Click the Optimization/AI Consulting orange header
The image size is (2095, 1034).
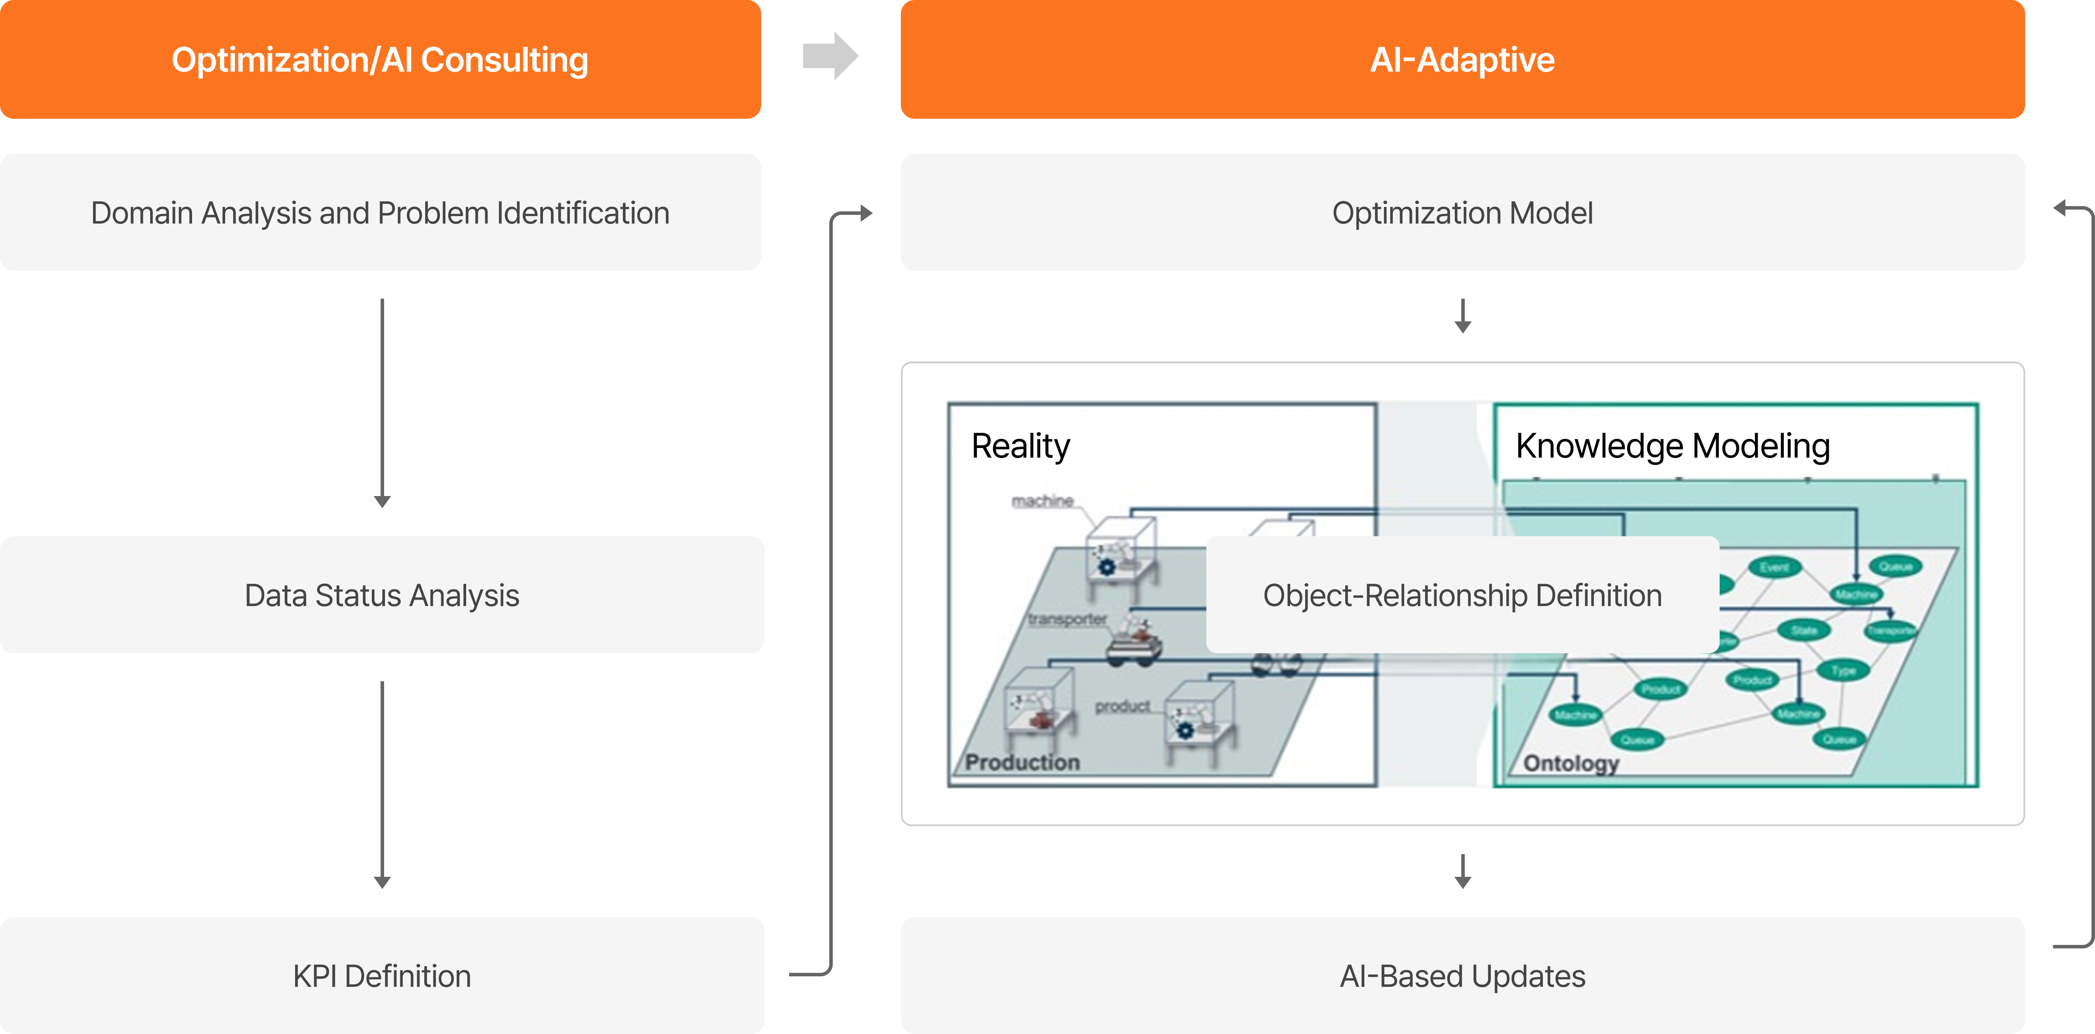tap(380, 59)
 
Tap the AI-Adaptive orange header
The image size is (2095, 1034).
tap(1461, 59)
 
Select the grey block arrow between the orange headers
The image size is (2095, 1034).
tap(830, 56)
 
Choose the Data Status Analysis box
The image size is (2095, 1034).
tap(381, 595)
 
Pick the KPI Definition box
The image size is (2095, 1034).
tap(381, 975)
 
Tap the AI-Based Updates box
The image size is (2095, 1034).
tap(1461, 975)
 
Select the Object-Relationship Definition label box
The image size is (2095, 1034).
tap(1461, 595)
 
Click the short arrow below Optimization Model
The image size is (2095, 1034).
tap(1462, 316)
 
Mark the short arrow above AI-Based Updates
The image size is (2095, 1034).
tap(1462, 871)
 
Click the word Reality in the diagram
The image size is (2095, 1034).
tap(1021, 446)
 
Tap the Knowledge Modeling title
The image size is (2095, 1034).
tap(1672, 446)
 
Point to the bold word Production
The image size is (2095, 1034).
tap(1022, 762)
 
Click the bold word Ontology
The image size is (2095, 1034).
tap(1570, 763)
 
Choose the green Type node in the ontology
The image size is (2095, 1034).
tap(1843, 670)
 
